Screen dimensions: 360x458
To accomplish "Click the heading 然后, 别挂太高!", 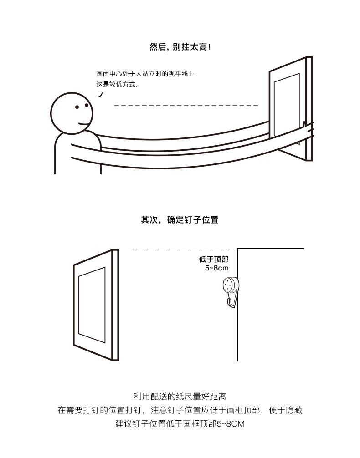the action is [x=180, y=47].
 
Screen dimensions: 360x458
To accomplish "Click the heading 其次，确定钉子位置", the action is [x=180, y=220].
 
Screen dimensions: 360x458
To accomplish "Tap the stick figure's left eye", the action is [x=77, y=107].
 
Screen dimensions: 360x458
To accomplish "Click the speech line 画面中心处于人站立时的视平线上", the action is [x=145, y=74].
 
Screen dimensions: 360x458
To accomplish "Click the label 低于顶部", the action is [x=213, y=260].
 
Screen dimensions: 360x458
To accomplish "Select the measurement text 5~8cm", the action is [x=216, y=268].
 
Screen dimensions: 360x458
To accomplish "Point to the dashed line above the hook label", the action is [x=178, y=249].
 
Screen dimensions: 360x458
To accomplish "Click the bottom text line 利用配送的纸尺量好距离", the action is [x=180, y=397].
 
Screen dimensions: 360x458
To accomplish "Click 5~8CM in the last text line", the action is [x=231, y=424].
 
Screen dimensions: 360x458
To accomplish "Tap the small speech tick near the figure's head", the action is [x=100, y=95].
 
